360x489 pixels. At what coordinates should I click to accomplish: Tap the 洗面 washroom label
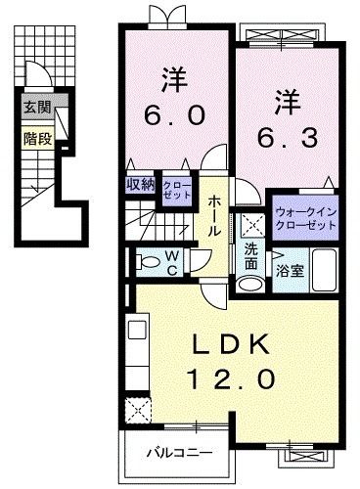point(250,257)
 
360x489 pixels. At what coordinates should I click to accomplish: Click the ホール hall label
point(212,212)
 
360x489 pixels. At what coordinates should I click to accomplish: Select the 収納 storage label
point(139,184)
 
